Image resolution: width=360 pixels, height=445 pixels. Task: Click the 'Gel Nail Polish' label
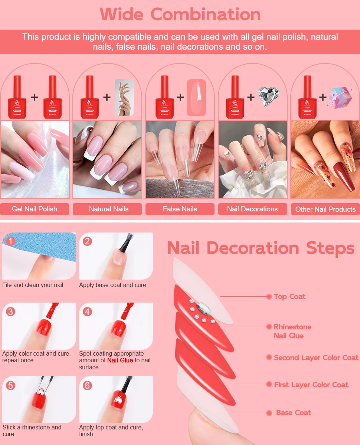tap(35, 209)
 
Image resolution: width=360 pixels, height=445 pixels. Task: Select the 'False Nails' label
tap(180, 209)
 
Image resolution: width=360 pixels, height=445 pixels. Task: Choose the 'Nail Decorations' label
tap(252, 209)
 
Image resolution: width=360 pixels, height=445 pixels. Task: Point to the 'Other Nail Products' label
tap(325, 210)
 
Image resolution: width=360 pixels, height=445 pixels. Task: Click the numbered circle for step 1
tap(10, 241)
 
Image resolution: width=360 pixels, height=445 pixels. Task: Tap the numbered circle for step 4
tap(87, 311)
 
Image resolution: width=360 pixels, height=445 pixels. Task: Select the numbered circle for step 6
tap(87, 385)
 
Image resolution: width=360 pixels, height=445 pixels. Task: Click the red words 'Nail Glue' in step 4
tap(120, 360)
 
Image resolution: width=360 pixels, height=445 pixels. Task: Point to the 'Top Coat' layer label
tap(289, 297)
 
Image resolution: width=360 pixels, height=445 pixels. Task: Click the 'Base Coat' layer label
tap(293, 413)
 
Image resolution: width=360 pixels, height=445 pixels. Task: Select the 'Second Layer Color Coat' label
tap(316, 358)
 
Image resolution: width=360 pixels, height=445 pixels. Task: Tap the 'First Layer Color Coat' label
tap(311, 385)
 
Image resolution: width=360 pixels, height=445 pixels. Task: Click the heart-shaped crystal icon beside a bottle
tap(268, 97)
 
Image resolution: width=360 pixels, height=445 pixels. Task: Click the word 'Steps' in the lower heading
tap(330, 248)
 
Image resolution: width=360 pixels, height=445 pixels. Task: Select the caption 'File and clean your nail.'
tap(33, 285)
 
